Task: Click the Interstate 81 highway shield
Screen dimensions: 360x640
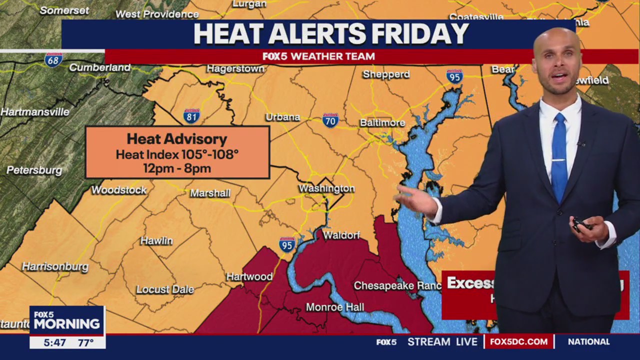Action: (x=191, y=116)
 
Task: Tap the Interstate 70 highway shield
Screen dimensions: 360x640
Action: (x=330, y=120)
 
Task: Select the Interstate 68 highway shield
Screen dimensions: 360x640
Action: (x=53, y=60)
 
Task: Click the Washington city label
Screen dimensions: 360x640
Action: (x=326, y=188)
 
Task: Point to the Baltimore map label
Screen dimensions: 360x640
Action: (x=382, y=122)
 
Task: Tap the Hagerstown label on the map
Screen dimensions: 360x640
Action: (x=235, y=68)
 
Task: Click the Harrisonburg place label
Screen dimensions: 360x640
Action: (x=55, y=266)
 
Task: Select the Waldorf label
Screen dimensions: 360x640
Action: (x=341, y=235)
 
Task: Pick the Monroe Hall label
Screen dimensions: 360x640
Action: (x=335, y=307)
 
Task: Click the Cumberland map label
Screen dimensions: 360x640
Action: (x=99, y=67)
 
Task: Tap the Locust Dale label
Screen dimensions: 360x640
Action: (x=165, y=289)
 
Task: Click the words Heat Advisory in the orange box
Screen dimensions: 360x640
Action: (x=177, y=139)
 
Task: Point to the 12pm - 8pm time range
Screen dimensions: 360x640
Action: (x=177, y=168)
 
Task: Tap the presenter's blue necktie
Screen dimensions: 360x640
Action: (x=559, y=157)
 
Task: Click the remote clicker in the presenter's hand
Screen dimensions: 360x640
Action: (x=580, y=224)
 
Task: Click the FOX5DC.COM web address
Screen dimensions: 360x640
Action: (x=519, y=342)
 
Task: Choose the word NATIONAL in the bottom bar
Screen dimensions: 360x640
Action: (x=589, y=342)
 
